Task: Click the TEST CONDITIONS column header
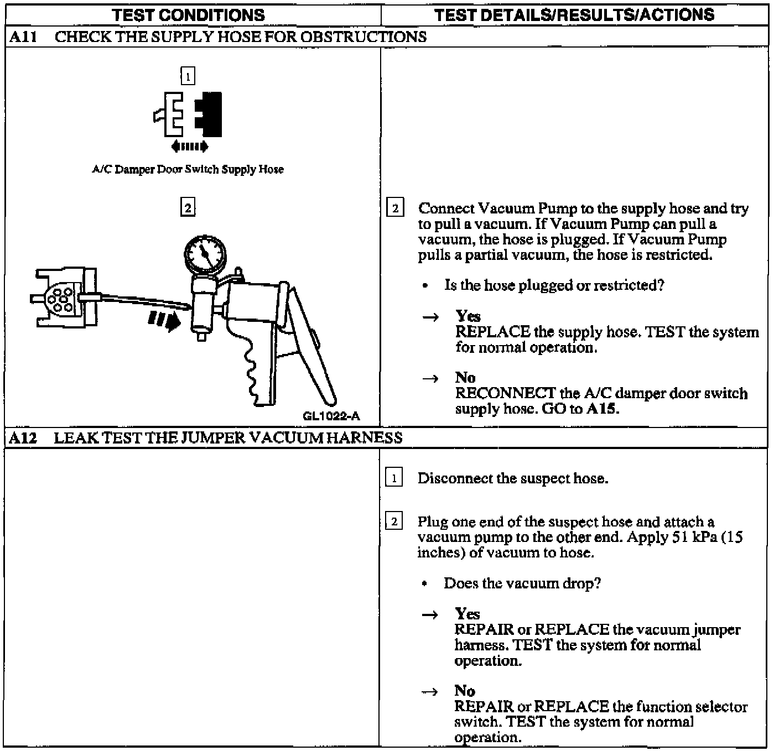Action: [x=188, y=14]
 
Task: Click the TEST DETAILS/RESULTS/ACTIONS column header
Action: [x=574, y=14]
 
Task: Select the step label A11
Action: [x=23, y=37]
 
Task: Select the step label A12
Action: [x=23, y=439]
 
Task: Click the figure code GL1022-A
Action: [x=331, y=416]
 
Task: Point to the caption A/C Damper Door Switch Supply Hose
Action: [x=188, y=170]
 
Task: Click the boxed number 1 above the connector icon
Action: [x=188, y=76]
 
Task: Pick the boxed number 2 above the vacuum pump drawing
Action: [x=188, y=208]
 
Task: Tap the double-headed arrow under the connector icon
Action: [x=190, y=147]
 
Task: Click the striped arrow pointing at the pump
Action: [x=164, y=320]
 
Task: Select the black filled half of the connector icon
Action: [x=210, y=114]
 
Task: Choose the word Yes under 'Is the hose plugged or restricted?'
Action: [x=468, y=316]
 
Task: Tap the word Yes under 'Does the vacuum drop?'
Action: [x=467, y=614]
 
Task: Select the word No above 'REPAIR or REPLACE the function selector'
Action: [x=465, y=691]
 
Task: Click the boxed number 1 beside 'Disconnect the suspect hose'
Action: [x=394, y=478]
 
